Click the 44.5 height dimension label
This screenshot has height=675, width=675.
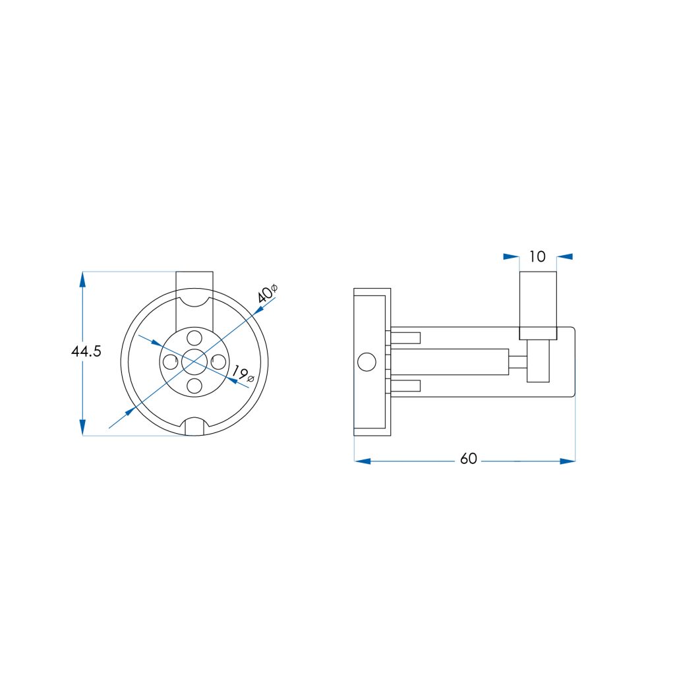(x=86, y=351)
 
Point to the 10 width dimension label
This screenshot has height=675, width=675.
(x=537, y=256)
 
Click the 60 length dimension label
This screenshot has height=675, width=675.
(x=469, y=459)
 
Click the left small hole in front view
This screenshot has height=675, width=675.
(x=171, y=362)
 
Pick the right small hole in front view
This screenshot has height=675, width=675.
(x=219, y=362)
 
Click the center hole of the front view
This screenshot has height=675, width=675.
(x=194, y=362)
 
